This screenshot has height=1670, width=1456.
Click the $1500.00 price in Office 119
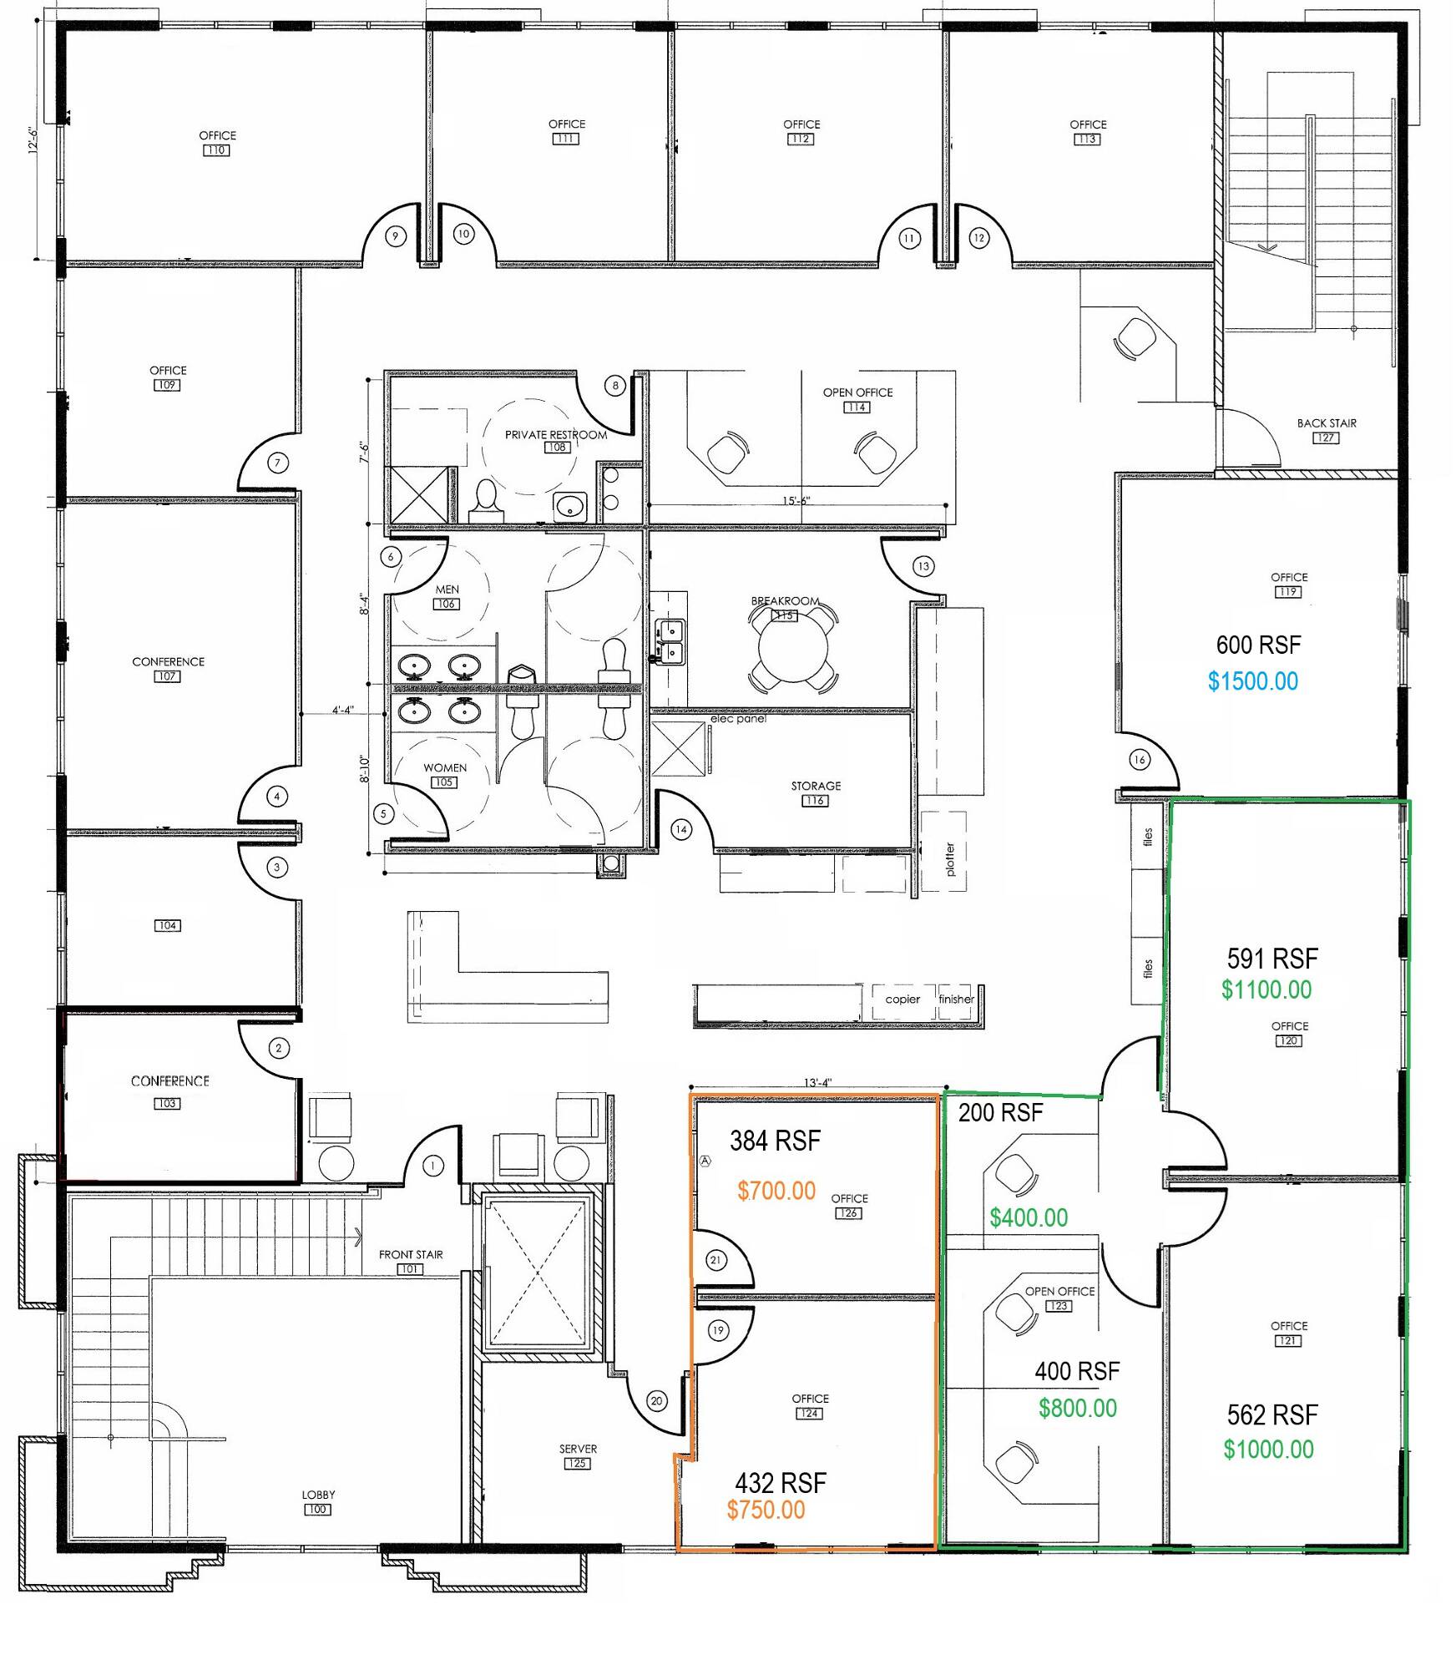[x=1252, y=681]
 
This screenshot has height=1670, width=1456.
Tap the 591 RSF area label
[x=1272, y=958]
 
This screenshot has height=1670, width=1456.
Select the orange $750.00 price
[x=766, y=1510]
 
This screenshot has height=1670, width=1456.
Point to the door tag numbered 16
[x=1140, y=759]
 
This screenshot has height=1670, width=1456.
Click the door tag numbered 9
[x=396, y=235]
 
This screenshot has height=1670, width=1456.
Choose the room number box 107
[x=166, y=676]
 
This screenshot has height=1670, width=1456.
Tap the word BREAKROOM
[x=785, y=600]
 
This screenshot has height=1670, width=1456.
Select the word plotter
[x=950, y=858]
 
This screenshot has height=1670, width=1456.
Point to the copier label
[x=902, y=999]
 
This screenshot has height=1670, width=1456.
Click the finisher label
[x=956, y=999]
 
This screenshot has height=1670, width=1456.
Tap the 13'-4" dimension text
[x=818, y=1083]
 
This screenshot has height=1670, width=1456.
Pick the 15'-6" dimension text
[x=796, y=501]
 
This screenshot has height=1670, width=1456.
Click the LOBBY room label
[x=318, y=1495]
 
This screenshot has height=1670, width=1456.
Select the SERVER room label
[x=578, y=1449]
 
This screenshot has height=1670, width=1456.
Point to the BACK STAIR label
[x=1326, y=423]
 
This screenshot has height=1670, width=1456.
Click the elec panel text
[x=738, y=719]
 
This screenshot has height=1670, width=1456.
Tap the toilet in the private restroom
[x=484, y=501]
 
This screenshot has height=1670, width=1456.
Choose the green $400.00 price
[x=1029, y=1217]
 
